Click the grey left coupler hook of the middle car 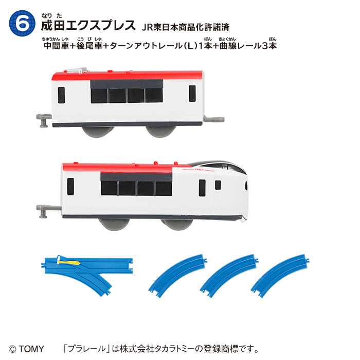[x=43, y=119]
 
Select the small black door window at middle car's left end [x=62, y=95]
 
